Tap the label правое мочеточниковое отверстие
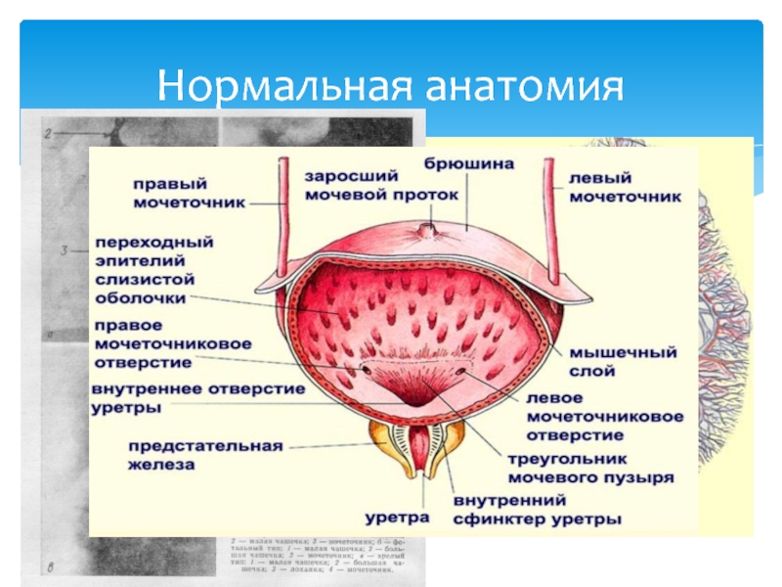tap(172, 343)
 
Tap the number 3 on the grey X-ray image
tap(63, 250)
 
